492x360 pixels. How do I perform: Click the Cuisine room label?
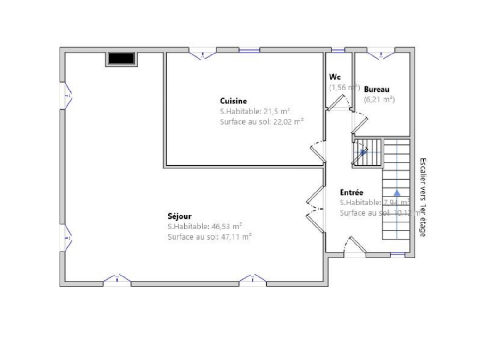pyautogui.click(x=233, y=101)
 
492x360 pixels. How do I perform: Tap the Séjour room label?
pyautogui.click(x=180, y=216)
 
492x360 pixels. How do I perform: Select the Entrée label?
pyautogui.click(x=352, y=192)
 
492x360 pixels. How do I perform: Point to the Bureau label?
pyautogui.click(x=377, y=90)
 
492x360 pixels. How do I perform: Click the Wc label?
pyautogui.click(x=335, y=77)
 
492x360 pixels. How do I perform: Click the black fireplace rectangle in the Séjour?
pyautogui.click(x=121, y=59)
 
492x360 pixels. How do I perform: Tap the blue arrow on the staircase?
pyautogui.click(x=397, y=192)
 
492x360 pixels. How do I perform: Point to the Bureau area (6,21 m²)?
pyautogui.click(x=379, y=99)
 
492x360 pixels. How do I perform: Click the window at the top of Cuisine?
pyautogui.click(x=203, y=54)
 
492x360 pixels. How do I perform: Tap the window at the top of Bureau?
pyautogui.click(x=381, y=54)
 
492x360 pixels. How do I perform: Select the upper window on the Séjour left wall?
pyautogui.click(x=66, y=96)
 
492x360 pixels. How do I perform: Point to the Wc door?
pyautogui.click(x=339, y=103)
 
